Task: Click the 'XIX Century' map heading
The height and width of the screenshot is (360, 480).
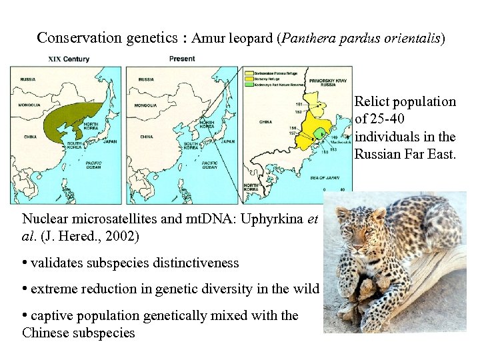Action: (69, 59)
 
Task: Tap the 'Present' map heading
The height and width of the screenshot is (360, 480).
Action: (182, 59)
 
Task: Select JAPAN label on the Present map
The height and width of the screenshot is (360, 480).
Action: (227, 141)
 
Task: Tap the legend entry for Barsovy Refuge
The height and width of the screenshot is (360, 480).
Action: (267, 79)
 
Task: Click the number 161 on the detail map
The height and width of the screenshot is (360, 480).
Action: (299, 105)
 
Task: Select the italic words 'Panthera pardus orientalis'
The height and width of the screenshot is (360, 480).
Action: (361, 38)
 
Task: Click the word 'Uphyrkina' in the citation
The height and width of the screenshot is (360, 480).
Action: (274, 218)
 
